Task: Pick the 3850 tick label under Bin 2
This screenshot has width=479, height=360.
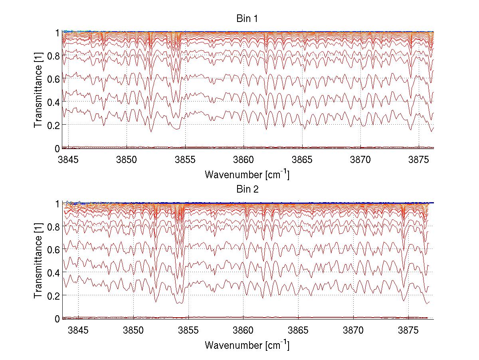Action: coord(133,330)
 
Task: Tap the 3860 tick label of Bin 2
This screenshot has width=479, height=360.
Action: coord(243,330)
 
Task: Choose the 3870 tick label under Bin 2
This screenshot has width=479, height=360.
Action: coord(354,330)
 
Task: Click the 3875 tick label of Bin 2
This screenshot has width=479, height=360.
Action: coord(409,330)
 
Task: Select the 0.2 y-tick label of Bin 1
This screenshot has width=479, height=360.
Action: coord(53,125)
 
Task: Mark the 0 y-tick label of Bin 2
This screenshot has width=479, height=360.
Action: coord(57,319)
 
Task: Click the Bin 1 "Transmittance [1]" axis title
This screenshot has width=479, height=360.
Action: coord(38,90)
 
